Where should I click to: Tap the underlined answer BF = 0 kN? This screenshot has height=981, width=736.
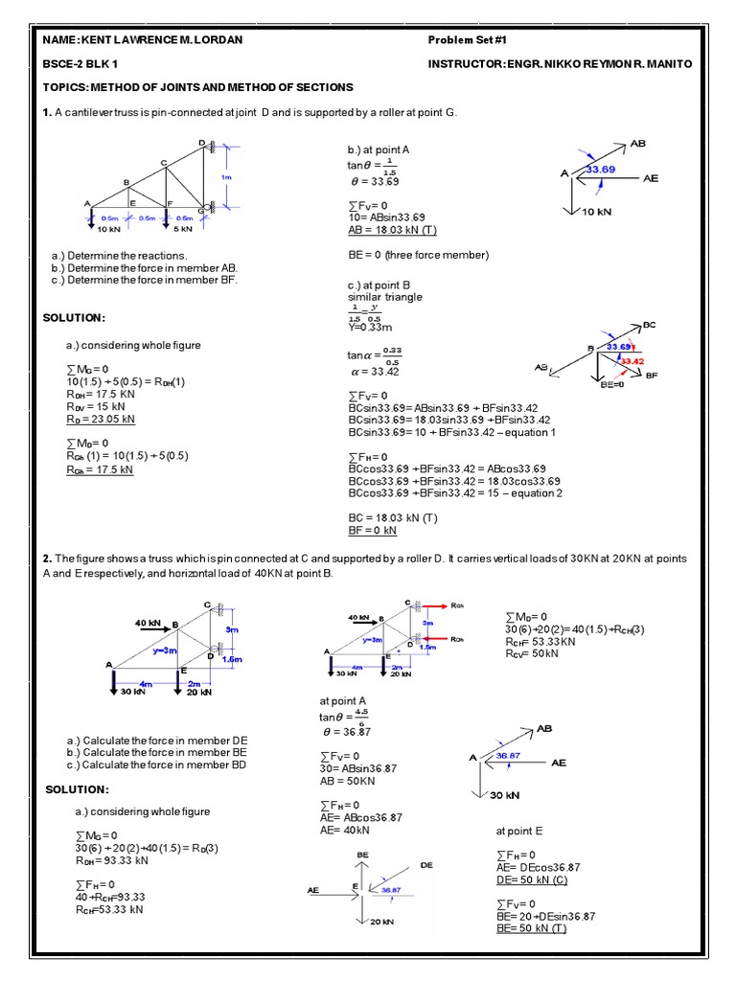[372, 530]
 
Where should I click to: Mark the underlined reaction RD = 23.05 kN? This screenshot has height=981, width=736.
[101, 419]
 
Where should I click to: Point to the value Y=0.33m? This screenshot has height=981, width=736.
[366, 327]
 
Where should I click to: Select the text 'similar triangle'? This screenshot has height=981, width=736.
[384, 297]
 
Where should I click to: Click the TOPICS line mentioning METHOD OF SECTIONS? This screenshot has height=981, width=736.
[198, 87]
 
